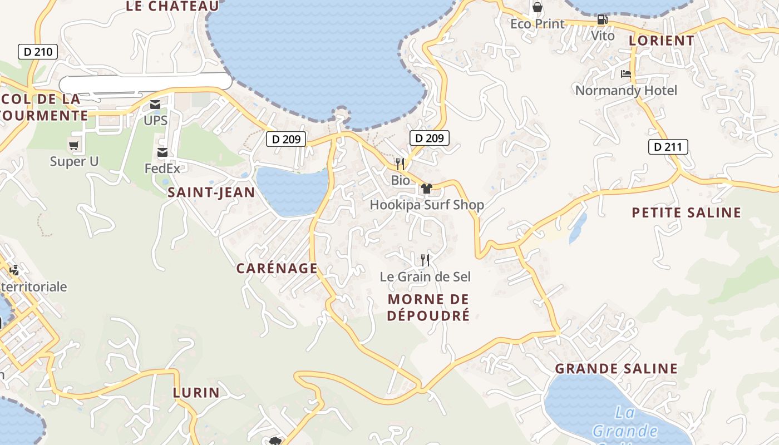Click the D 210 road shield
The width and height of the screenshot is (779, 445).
pos(38,52)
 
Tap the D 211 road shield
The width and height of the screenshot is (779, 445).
pos(668,147)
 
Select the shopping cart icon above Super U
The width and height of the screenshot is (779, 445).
pos(74,146)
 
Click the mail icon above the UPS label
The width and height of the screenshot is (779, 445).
pos(155,105)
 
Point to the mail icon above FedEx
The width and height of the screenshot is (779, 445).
pos(162,152)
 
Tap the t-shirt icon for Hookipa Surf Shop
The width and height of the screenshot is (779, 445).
pos(427,189)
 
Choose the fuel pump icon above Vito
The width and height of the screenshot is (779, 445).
pos(602,20)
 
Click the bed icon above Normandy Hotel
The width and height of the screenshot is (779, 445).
pos(626,74)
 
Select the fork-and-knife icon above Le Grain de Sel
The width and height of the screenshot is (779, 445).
pos(425,260)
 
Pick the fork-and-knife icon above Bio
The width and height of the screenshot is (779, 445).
pos(400,164)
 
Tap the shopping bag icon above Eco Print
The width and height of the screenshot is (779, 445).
pos(538,7)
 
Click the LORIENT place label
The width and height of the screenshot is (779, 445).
pos(662,41)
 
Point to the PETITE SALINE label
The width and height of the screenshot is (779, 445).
pos(687,212)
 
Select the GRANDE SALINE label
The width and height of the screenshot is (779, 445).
pos(616,368)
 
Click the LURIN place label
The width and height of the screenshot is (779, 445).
pos(196,392)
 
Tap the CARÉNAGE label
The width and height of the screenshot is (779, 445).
pos(277,268)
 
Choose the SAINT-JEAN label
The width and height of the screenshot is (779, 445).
pos(211,192)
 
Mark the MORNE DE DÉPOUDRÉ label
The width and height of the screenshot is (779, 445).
pos(428,307)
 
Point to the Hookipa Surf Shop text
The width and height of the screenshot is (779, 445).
pos(427,205)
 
